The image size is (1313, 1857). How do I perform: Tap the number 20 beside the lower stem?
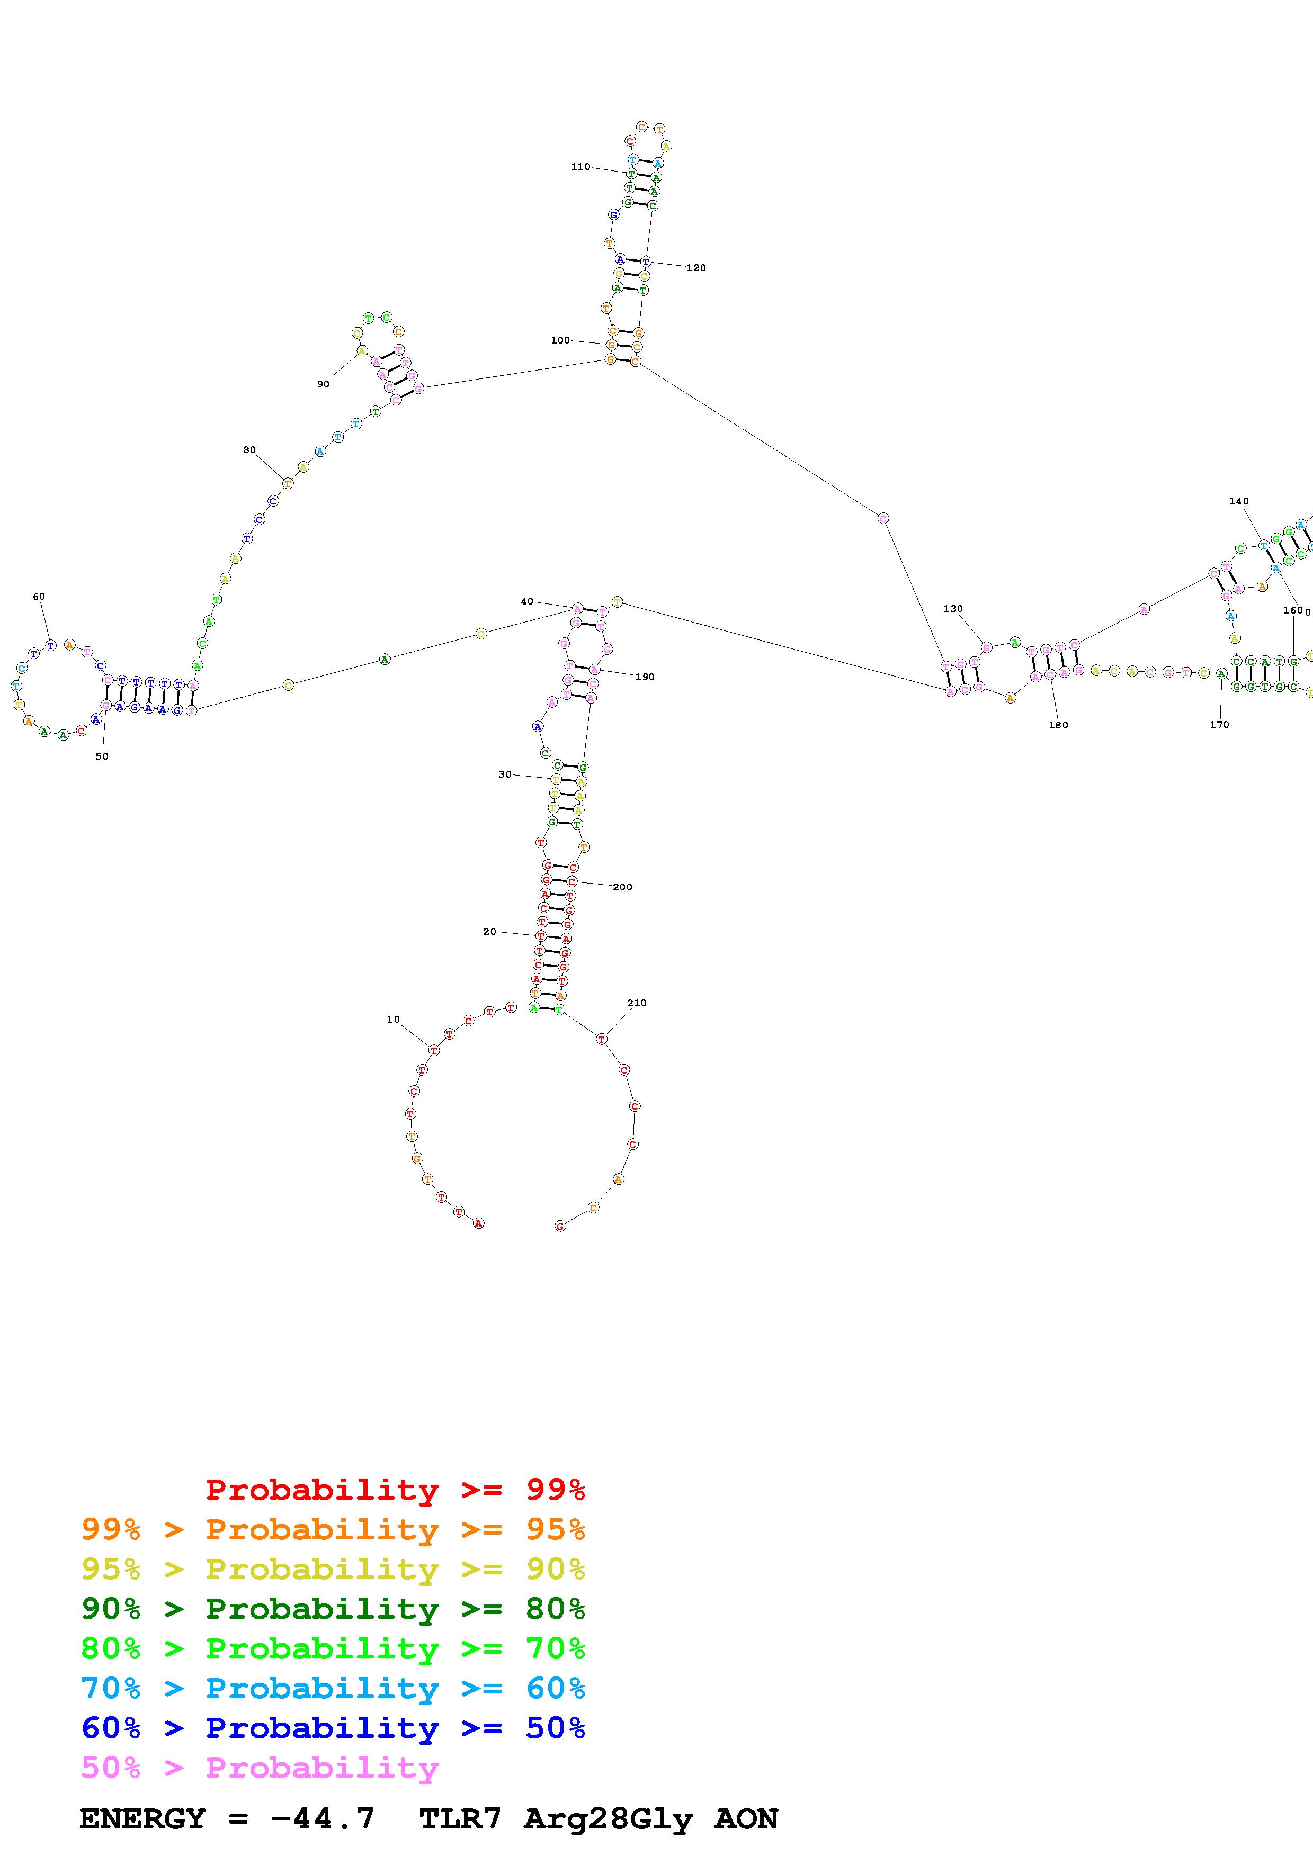(x=489, y=931)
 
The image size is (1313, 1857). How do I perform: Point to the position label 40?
(x=526, y=601)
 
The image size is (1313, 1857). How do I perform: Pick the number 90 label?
(x=323, y=384)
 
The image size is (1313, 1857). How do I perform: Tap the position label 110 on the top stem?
(x=580, y=167)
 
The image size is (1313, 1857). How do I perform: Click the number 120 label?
(x=696, y=268)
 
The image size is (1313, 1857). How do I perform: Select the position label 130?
(x=953, y=608)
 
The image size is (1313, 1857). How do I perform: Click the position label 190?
(x=645, y=677)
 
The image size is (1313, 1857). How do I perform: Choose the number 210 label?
(x=637, y=1003)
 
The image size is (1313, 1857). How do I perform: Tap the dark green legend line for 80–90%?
(x=333, y=1609)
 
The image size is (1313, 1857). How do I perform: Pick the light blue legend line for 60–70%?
(x=333, y=1688)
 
